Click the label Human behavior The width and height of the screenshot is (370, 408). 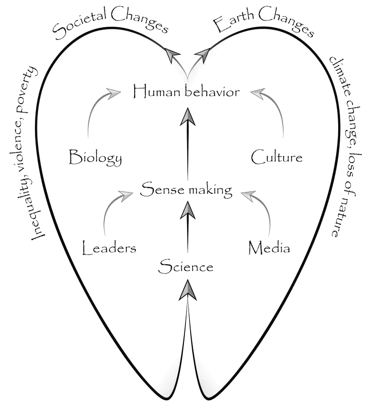(186, 92)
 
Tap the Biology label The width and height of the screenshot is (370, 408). (96, 158)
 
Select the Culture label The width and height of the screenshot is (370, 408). (276, 157)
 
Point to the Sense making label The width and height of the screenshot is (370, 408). (187, 190)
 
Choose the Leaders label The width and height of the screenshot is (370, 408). (109, 249)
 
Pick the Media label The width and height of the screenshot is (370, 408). (269, 248)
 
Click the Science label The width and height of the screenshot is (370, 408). (186, 266)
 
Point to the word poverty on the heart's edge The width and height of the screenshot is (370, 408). (32, 85)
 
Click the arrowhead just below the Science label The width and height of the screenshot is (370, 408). (188, 290)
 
